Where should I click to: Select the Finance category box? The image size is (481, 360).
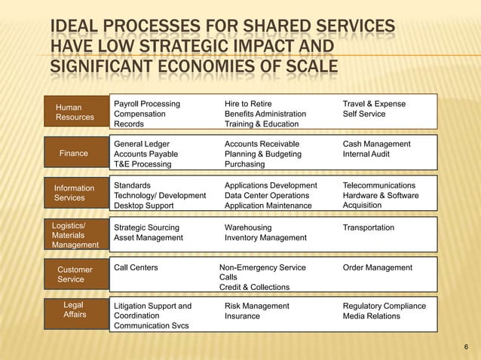74,154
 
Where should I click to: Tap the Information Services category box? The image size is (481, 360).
75,193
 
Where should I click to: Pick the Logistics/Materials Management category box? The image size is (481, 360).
75,235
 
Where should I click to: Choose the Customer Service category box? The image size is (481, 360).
75,274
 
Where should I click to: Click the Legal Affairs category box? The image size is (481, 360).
75,310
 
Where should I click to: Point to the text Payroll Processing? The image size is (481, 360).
147,103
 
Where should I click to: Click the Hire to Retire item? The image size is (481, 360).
248,103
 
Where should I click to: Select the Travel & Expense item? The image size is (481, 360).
374,103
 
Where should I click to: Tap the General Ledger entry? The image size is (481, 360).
142,144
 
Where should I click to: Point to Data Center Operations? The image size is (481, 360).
268,195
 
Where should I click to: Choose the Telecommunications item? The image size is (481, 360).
379,185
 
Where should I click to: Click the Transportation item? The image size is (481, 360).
369,227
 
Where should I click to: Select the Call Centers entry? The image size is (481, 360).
136,267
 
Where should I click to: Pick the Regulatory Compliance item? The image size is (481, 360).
384,307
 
